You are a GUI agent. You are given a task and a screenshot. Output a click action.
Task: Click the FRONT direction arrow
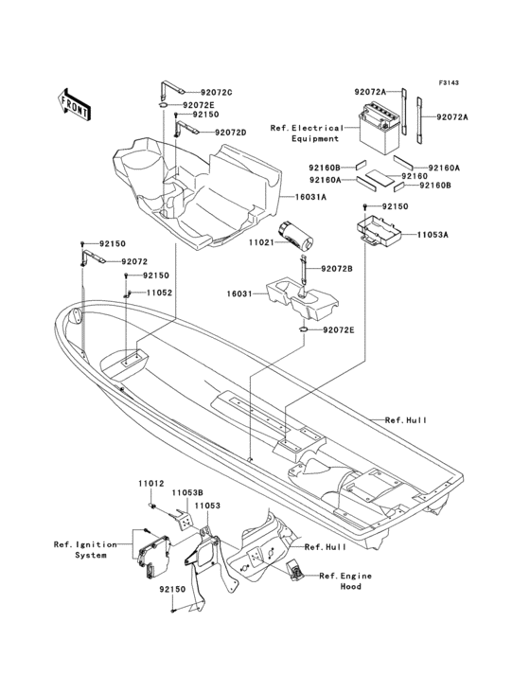point(75,103)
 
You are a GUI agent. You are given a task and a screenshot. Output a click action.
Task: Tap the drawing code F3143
point(450,83)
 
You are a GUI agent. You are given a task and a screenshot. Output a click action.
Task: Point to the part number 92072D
point(230,133)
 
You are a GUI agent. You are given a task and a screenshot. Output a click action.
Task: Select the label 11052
point(159,293)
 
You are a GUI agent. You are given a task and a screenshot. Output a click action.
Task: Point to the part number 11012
point(150,483)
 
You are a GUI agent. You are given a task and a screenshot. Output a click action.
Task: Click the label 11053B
point(188,492)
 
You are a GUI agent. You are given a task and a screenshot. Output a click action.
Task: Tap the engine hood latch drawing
point(296,568)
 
